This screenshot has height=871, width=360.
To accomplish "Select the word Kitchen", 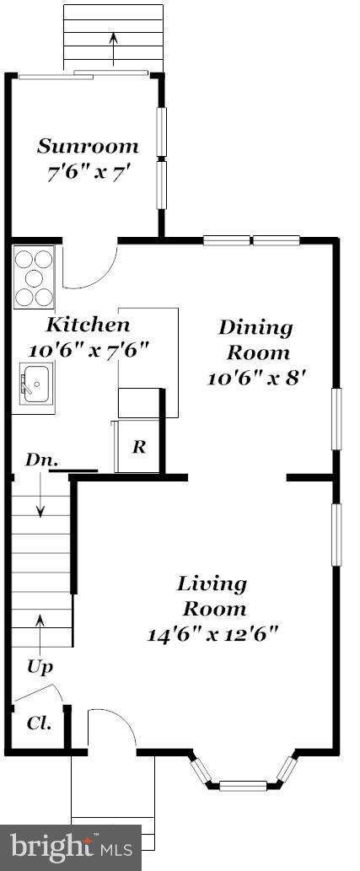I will (88, 325).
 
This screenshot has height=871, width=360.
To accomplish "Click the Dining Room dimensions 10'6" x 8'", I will (255, 378).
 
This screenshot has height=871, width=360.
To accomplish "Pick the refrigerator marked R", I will (138, 447).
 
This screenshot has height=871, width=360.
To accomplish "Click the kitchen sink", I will (35, 384).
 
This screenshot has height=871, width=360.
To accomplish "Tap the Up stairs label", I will (40, 666).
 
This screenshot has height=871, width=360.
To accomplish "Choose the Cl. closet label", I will (39, 723).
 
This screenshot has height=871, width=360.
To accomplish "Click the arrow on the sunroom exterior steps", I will (114, 46).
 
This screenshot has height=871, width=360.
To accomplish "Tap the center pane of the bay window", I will (243, 786).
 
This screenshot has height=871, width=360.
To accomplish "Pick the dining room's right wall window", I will (336, 418).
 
